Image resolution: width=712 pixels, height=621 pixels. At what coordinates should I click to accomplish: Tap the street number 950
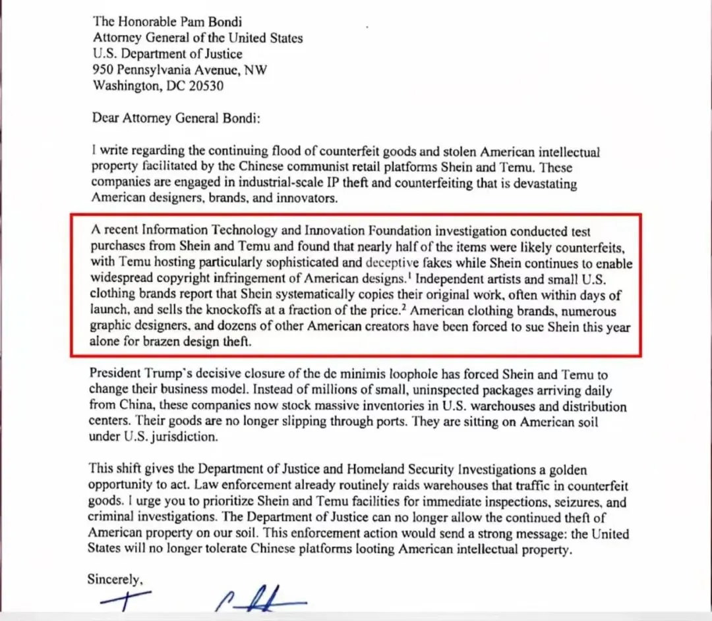click(x=104, y=70)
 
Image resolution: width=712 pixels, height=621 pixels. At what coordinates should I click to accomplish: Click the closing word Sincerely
click(x=114, y=580)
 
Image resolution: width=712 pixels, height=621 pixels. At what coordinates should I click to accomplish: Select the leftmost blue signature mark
click(x=125, y=601)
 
